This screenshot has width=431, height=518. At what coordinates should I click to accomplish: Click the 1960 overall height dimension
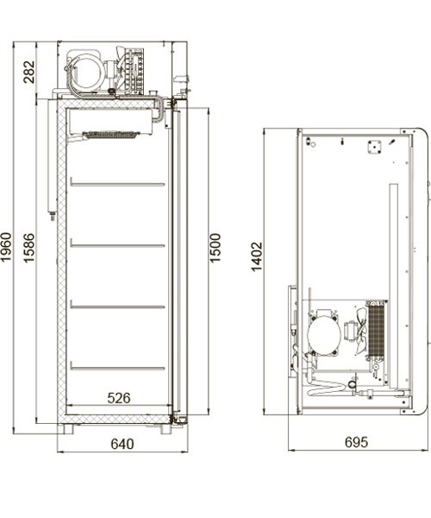pyautogui.click(x=6, y=247)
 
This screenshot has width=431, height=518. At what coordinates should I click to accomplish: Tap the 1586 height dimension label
pyautogui.click(x=29, y=248)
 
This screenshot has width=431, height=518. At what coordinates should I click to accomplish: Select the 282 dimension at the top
pyautogui.click(x=29, y=72)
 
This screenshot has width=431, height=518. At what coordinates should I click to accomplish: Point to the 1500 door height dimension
pyautogui.click(x=215, y=248)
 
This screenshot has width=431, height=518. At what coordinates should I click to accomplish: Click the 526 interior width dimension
pyautogui.click(x=119, y=398)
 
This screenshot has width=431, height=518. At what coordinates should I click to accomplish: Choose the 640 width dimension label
pyautogui.click(x=122, y=444)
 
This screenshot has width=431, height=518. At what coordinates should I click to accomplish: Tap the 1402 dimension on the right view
pyautogui.click(x=257, y=256)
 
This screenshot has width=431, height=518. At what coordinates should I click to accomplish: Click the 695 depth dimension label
pyautogui.click(x=357, y=442)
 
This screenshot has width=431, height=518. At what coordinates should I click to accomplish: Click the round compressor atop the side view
pyautogui.click(x=86, y=73)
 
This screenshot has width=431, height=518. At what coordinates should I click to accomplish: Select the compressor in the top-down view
pyautogui.click(x=324, y=333)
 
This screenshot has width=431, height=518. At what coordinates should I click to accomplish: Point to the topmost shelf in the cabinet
pyautogui.click(x=117, y=184)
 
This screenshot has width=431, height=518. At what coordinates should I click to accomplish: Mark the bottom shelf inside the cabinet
pyautogui.click(x=117, y=368)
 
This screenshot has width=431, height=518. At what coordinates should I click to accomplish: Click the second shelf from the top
pyautogui.click(x=117, y=245)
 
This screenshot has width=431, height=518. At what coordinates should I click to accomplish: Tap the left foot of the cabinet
pyautogui.click(x=65, y=429)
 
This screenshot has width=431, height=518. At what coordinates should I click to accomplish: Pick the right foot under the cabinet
pyautogui.click(x=166, y=429)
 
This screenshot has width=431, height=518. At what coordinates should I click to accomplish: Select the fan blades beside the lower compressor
pyautogui.click(x=361, y=331)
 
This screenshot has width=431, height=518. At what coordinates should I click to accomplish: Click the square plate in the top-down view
pyautogui.click(x=375, y=147)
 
